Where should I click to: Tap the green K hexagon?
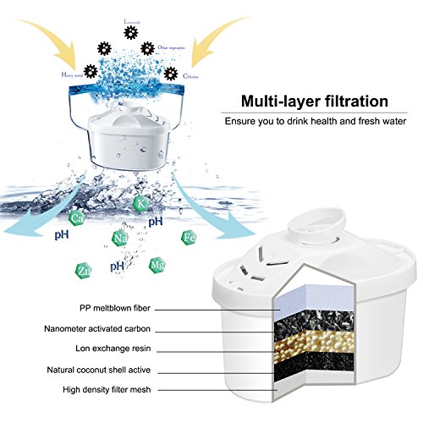pyautogui.click(x=140, y=203)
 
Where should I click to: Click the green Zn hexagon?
pyautogui.click(x=62, y=272)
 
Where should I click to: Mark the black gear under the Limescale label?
pyautogui.click(x=129, y=32)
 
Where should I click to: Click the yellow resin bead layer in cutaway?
pyautogui.click(x=314, y=343)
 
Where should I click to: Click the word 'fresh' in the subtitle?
pyautogui.click(x=349, y=121)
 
